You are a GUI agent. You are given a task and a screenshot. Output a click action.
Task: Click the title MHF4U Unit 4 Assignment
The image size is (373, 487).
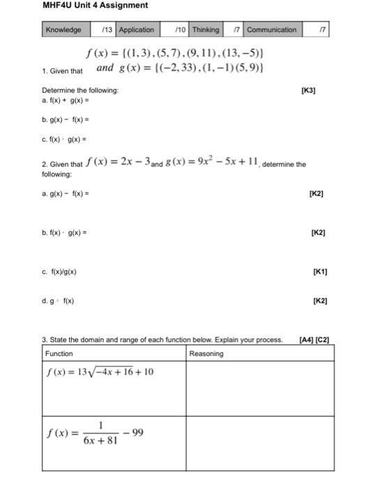[x=95, y=6]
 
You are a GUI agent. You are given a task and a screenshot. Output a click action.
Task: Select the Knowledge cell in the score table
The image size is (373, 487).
[x=63, y=30]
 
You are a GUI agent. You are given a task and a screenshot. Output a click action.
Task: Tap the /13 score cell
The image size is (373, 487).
[x=107, y=30]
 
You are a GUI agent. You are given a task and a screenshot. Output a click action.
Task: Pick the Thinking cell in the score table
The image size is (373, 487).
[x=206, y=30]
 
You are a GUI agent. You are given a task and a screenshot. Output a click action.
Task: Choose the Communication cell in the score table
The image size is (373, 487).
[x=272, y=30]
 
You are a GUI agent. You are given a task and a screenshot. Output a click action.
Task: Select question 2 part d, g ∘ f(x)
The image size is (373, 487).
[x=58, y=301]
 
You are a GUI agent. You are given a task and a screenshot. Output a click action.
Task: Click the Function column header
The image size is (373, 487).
[x=59, y=353]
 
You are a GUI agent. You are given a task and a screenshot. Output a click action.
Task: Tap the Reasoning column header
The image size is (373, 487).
[x=206, y=353]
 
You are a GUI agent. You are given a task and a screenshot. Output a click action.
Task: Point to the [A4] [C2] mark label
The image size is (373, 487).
[x=313, y=340]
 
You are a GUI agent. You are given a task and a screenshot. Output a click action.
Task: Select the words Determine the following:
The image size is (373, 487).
[x=80, y=91]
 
